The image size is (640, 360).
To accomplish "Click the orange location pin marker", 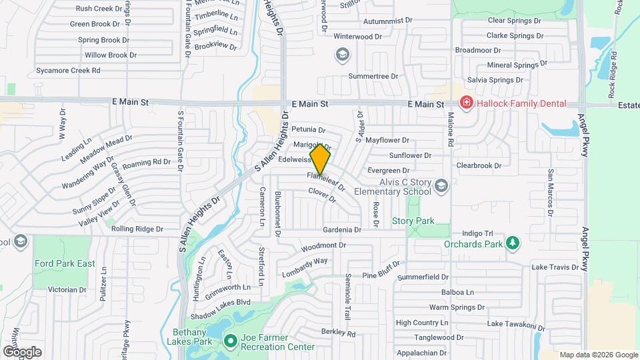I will (321, 160).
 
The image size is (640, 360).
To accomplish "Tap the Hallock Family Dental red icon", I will (466, 103).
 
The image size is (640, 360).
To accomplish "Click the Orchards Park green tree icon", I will (512, 243).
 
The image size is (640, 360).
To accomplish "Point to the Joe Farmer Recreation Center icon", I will (230, 342).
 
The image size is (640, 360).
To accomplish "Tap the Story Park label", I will (413, 221).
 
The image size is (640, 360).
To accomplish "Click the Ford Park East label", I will (65, 264).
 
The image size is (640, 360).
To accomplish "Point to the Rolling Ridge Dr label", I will (137, 229).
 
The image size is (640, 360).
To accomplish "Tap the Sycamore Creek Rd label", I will (68, 70).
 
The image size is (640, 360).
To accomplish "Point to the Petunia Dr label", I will (308, 130).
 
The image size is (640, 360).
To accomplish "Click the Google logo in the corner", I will (21, 351).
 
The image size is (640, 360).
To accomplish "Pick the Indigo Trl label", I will (477, 234).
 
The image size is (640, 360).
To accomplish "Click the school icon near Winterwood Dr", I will (342, 54).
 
